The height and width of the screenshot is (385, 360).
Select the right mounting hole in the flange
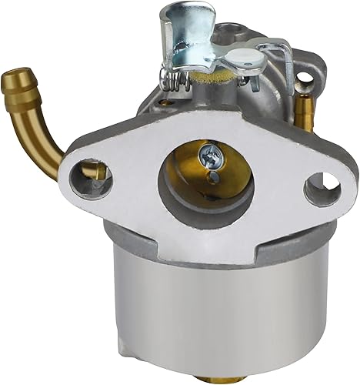(x=322, y=186)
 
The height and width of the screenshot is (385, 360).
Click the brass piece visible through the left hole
(x=95, y=172)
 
